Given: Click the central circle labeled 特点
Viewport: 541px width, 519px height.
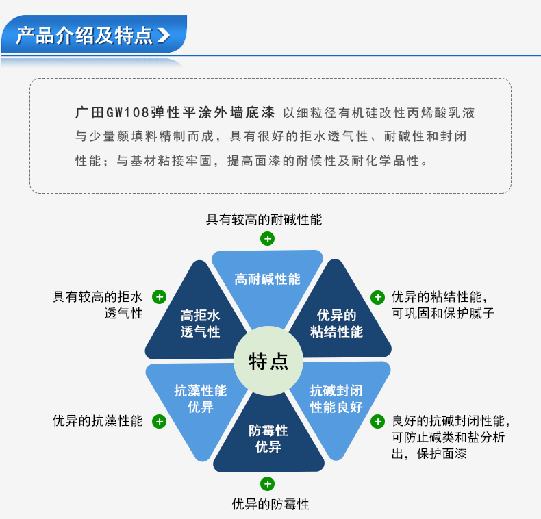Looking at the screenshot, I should pos(268,361).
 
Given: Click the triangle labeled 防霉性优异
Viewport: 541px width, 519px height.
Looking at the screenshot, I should pos(268,438).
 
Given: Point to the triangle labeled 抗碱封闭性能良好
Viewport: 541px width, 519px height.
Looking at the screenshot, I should pos(337,401).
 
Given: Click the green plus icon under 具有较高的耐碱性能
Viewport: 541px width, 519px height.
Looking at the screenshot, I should pos(267,239).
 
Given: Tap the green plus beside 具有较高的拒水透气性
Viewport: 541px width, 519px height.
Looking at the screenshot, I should pos(159,297).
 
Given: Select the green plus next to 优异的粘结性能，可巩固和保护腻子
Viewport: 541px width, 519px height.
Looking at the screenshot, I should pos(377,297).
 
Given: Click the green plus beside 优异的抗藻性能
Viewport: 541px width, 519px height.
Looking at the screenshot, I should pos(159,421).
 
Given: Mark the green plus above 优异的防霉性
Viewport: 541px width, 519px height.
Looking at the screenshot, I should pos(267,484).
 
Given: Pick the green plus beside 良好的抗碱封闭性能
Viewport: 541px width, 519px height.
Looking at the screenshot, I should pos(377,421).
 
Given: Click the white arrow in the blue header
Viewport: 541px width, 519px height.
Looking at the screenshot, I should pos(164,36).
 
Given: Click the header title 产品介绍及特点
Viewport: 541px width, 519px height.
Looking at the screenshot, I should pos(84,36).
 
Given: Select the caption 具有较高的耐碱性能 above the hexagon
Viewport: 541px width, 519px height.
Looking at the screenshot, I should pos(264,220).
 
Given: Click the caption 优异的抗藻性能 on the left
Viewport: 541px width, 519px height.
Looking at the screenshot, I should pos(98,421).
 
